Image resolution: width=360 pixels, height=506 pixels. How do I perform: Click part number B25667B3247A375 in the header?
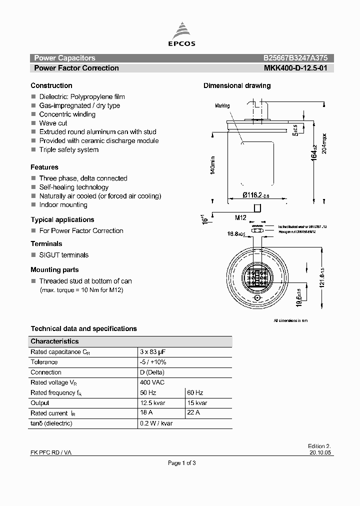coord(295,58)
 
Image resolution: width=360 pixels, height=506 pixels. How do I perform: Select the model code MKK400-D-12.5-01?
coord(295,68)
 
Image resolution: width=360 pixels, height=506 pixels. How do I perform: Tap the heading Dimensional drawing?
coord(237,85)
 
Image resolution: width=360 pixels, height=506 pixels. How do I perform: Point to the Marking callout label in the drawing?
coord(222,106)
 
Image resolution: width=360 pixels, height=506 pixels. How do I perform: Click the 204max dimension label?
coord(324,144)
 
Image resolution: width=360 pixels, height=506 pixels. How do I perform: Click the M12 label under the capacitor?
coord(240,217)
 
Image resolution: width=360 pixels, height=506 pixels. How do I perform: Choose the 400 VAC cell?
coord(152,382)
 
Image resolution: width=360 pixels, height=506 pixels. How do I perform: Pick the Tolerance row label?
coord(44,362)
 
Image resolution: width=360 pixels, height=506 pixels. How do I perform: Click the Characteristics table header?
coord(54,341)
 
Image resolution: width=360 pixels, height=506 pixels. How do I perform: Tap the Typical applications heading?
coord(62,219)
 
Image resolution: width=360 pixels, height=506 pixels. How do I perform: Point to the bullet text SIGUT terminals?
coord(64,255)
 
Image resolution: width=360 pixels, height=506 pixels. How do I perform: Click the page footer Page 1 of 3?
coord(181,463)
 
